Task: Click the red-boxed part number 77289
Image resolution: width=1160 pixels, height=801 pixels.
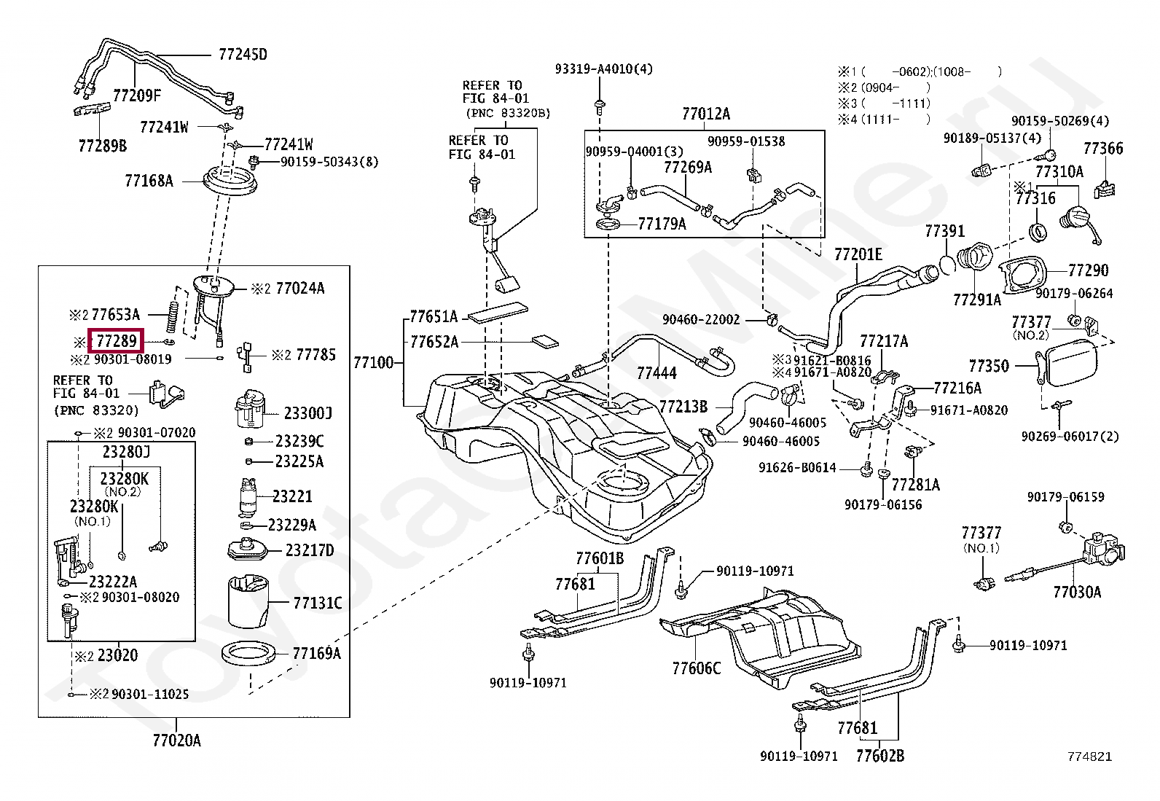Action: tap(117, 341)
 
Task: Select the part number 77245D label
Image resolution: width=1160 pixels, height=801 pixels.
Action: tap(243, 55)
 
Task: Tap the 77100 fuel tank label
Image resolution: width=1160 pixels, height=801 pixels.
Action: tap(373, 363)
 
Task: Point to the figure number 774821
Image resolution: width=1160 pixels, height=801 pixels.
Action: tap(1089, 757)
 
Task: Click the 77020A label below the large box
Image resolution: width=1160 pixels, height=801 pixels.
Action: tap(176, 741)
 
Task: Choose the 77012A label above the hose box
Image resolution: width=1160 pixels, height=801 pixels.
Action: tap(706, 114)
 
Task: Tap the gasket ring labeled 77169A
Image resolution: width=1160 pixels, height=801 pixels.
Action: tap(248, 654)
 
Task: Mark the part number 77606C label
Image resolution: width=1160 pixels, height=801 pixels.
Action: tap(697, 668)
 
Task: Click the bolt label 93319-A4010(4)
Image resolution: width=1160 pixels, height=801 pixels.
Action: tap(604, 69)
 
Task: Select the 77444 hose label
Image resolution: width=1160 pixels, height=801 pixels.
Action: tap(657, 373)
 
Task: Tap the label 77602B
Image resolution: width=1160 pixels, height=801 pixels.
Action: tap(880, 756)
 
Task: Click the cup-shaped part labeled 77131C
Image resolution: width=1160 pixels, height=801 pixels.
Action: tap(248, 601)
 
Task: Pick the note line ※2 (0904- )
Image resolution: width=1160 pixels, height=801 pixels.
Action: tap(884, 87)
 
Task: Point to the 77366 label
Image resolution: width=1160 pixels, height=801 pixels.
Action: tap(1104, 149)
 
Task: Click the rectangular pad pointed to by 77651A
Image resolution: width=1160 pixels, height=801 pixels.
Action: tap(498, 313)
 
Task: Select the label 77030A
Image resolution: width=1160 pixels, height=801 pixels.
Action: tap(1077, 593)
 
